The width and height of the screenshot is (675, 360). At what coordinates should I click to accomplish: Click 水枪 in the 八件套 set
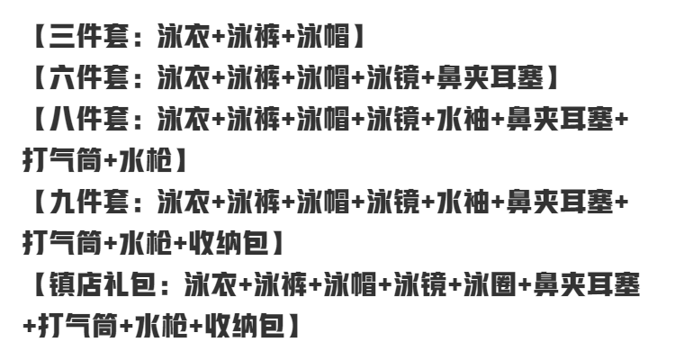click(x=144, y=160)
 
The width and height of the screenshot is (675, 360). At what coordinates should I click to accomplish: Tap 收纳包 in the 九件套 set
click(x=241, y=241)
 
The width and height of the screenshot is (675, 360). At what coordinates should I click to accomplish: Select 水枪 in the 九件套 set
click(x=144, y=241)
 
